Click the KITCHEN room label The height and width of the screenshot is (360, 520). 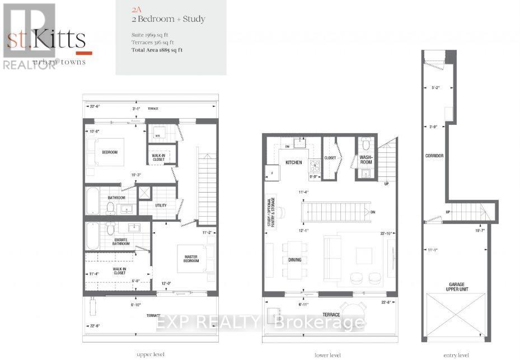[294, 162]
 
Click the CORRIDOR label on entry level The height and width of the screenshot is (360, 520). [434, 155]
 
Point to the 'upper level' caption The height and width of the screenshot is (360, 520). [150, 354]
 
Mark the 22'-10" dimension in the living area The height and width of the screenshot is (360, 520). [385, 233]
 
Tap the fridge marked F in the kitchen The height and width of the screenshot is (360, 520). [271, 173]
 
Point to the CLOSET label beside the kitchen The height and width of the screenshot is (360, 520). [330, 158]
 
